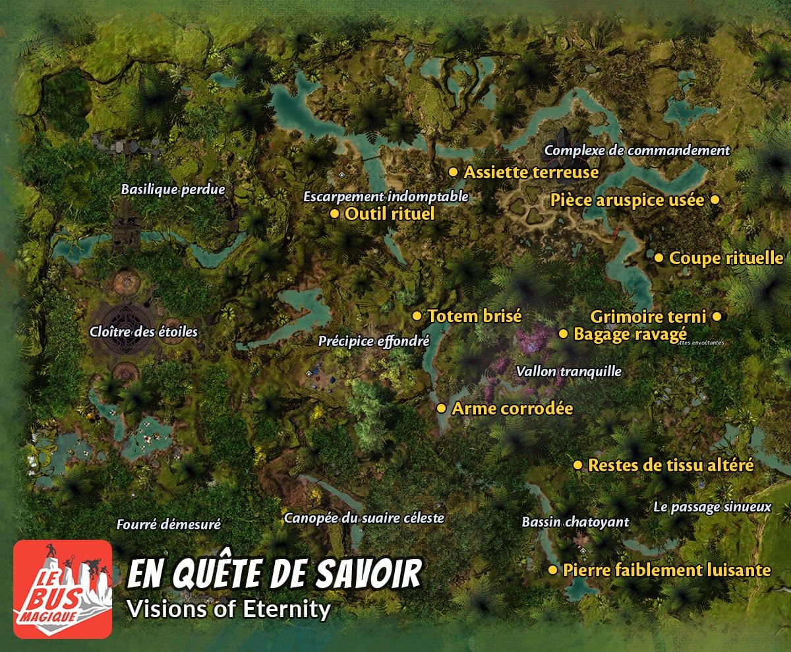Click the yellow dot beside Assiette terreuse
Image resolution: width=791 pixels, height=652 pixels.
(453, 172)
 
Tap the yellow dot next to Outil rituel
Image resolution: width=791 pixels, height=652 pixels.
(334, 214)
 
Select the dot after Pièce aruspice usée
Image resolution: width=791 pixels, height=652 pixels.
(715, 200)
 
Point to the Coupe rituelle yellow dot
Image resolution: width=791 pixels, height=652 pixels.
(659, 258)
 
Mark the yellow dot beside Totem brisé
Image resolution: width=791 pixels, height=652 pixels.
(417, 316)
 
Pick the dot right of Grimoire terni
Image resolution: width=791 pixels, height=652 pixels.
(717, 317)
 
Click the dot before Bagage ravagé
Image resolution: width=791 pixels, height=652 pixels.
(563, 334)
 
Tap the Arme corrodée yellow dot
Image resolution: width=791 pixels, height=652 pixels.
(441, 408)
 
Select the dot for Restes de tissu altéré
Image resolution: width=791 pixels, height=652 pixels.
(577, 465)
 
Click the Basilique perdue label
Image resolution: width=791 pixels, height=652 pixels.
(173, 189)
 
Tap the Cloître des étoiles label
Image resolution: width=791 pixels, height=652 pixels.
(143, 332)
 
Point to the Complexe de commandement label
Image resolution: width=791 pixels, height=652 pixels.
(637, 150)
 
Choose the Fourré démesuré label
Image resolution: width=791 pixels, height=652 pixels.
(168, 525)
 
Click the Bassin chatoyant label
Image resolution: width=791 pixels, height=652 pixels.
(575, 522)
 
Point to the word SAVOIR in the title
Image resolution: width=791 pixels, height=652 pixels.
(372, 575)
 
